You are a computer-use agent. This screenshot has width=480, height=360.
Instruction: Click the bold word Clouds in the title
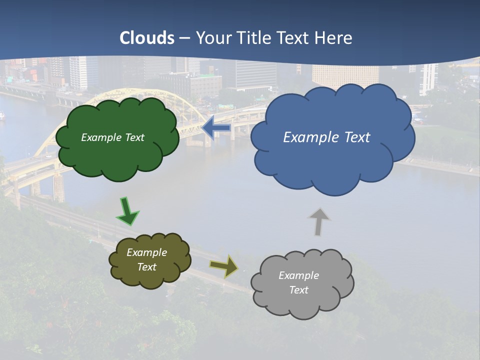pyautogui.click(x=147, y=38)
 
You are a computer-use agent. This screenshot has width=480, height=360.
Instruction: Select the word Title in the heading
pyautogui.click(x=254, y=38)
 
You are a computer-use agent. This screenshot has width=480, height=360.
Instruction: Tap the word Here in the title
pyautogui.click(x=334, y=38)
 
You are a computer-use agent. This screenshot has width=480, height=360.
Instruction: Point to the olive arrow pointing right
pyautogui.click(x=224, y=266)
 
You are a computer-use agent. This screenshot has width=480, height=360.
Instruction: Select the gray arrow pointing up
pyautogui.click(x=319, y=221)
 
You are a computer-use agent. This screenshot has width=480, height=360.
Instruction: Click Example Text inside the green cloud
pyautogui.click(x=112, y=137)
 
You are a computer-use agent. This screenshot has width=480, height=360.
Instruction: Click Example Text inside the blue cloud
pyautogui.click(x=326, y=137)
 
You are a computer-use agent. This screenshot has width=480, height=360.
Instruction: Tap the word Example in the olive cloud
pyautogui.click(x=146, y=252)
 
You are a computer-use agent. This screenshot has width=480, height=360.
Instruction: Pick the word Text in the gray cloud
pyautogui.click(x=298, y=290)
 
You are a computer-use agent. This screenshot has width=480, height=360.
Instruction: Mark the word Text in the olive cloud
pyautogui.click(x=146, y=267)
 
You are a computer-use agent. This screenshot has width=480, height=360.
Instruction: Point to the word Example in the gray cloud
pyautogui.click(x=298, y=275)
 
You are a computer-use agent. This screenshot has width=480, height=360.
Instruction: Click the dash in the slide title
pyautogui.click(x=184, y=38)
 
